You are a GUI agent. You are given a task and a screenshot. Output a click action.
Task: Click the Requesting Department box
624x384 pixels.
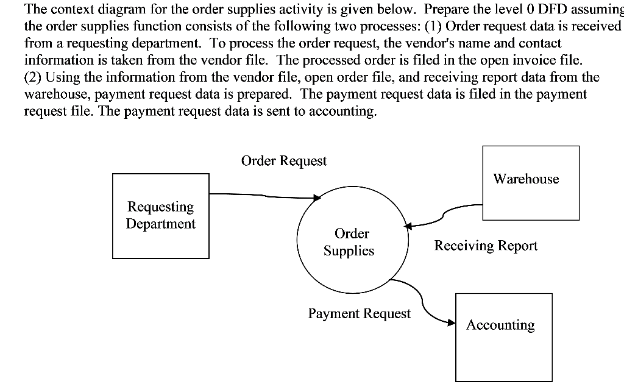pos(161,216)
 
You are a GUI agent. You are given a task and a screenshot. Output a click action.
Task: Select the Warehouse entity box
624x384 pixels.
pos(531,182)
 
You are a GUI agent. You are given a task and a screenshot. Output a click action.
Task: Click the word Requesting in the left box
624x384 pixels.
pos(161,207)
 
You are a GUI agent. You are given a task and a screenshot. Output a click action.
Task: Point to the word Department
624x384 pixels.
pos(161,224)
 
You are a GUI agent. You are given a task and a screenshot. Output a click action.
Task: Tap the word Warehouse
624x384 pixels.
pos(526,179)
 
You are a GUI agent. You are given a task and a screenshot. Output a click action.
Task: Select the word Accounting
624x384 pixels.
pos(500,325)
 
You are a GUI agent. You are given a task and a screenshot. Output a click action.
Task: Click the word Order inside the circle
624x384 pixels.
pos(352,233)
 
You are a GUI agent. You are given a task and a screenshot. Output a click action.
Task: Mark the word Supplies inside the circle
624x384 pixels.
pos(349,251)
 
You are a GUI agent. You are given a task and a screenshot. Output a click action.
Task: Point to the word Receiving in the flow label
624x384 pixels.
pos(466,246)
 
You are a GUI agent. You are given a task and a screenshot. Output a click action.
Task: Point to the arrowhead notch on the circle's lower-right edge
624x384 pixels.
pos(390,280)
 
